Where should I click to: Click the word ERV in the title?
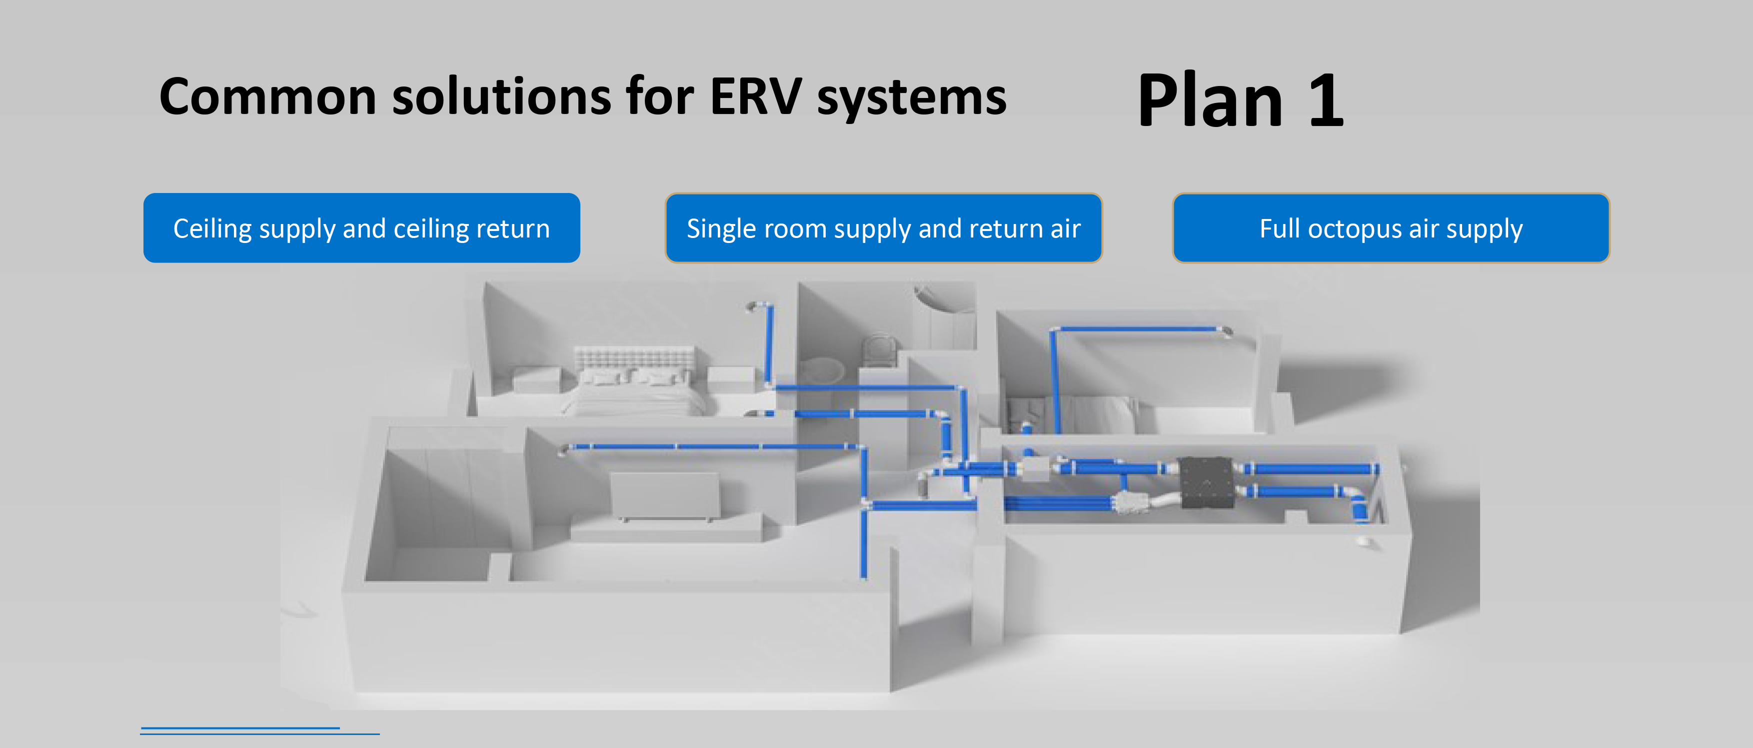(755, 96)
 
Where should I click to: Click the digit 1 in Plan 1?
(1326, 100)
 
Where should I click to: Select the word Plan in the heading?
(1210, 100)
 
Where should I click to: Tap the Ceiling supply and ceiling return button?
(361, 228)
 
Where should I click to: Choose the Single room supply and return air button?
(883, 228)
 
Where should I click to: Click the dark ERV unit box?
(1205, 482)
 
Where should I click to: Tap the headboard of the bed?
(634, 358)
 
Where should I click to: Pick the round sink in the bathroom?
(823, 370)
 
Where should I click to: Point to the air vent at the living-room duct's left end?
(563, 449)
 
